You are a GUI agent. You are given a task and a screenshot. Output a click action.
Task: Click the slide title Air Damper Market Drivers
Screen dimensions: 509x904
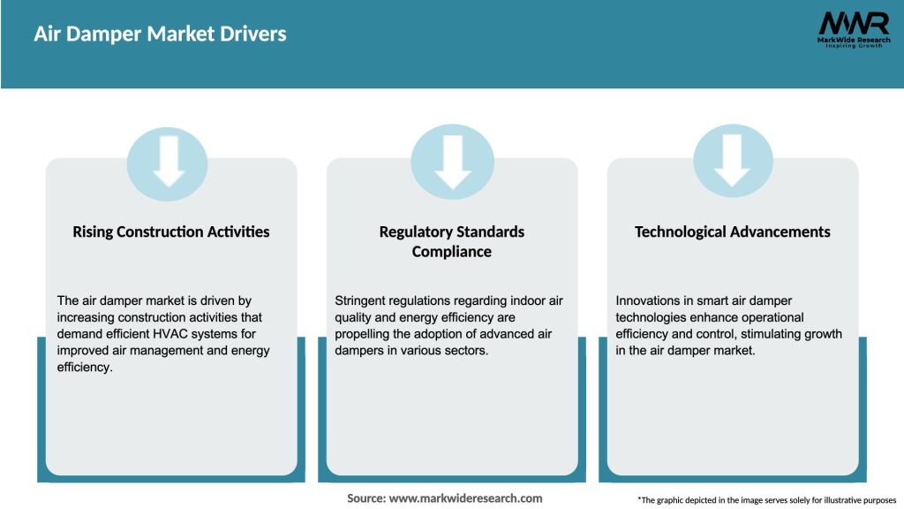[160, 34]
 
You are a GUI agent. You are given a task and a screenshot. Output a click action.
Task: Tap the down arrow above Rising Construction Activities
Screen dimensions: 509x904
[168, 161]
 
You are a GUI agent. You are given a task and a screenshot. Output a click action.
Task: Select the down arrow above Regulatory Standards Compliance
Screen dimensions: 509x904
[452, 161]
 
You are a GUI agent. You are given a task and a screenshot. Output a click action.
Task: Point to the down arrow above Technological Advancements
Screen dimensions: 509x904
[733, 161]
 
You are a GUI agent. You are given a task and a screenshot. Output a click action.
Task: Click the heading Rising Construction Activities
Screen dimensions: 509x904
[171, 232]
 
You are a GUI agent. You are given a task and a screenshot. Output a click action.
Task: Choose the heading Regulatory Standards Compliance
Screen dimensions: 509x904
[452, 241]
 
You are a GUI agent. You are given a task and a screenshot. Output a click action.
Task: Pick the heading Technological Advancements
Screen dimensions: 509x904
[733, 232]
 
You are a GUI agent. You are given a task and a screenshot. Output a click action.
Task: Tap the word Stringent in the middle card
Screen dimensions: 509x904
[363, 301]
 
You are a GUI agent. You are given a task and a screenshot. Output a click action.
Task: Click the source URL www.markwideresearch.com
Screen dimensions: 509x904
[466, 498]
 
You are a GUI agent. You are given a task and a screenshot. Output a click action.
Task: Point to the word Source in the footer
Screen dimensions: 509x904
[365, 498]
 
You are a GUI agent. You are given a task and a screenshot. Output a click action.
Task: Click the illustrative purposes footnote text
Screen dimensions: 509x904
[767, 500]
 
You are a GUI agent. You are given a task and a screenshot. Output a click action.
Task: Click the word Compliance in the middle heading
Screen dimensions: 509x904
[452, 252]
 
